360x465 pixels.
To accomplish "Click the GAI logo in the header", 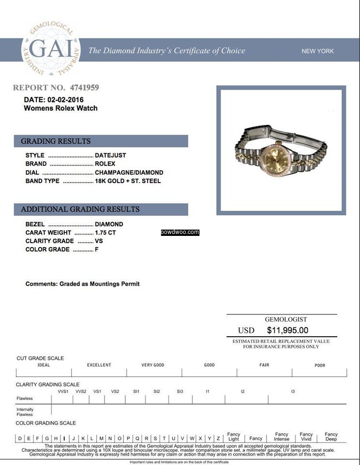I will (x=51, y=49).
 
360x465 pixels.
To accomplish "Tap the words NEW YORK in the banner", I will (x=317, y=51).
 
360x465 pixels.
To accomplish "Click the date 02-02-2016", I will (x=60, y=99).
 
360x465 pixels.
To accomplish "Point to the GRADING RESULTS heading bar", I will (x=101, y=141).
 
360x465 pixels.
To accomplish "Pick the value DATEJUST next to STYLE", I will (x=110, y=155).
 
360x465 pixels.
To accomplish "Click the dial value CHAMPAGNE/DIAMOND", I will (x=129, y=172).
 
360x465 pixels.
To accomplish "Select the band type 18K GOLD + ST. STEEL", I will (x=128, y=181).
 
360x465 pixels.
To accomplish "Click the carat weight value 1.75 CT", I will (x=105, y=232).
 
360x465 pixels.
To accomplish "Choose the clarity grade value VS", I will (x=99, y=241).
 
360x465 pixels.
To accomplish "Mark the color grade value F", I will (x=97, y=249).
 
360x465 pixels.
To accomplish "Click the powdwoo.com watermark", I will (x=180, y=232).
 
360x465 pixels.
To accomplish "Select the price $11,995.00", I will (x=287, y=330).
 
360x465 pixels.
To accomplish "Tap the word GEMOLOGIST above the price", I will (x=285, y=320).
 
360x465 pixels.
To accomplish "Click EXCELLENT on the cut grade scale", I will (x=99, y=365).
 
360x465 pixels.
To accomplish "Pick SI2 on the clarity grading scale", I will (x=157, y=391).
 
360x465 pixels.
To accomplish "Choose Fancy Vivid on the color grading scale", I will (x=306, y=436).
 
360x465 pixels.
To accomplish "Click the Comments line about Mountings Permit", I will (x=82, y=284).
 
